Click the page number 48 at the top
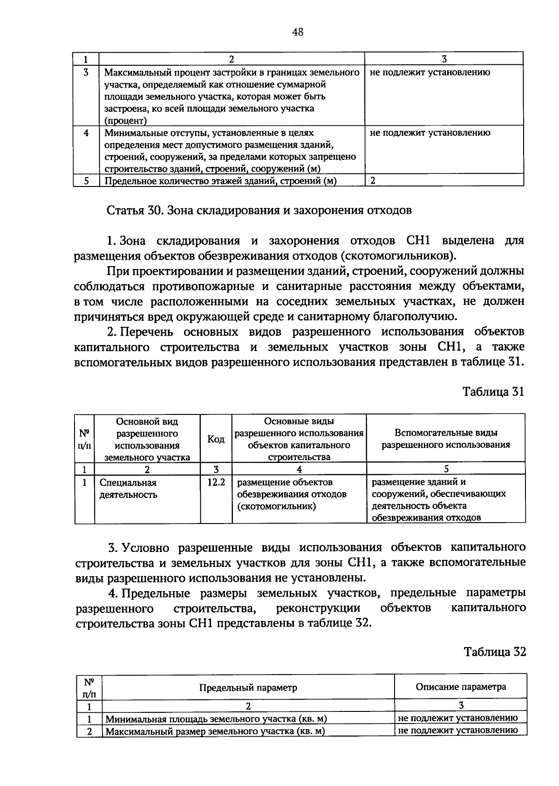pos(298,32)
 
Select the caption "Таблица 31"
pos(493,392)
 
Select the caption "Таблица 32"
pos(495,652)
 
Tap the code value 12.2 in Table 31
pos(216,483)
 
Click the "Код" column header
pos(216,439)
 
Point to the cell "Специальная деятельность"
pos(128,489)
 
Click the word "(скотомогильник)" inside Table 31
pos(276,506)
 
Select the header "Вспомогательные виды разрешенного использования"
pos(446,439)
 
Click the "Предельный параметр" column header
pos(248,688)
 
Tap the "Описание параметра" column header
pos(460,687)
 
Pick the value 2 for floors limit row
pos(373,181)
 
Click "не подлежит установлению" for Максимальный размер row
pos(458,730)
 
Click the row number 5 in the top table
pos(87,181)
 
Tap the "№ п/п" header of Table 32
pos(89,688)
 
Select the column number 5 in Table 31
pos(446,469)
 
